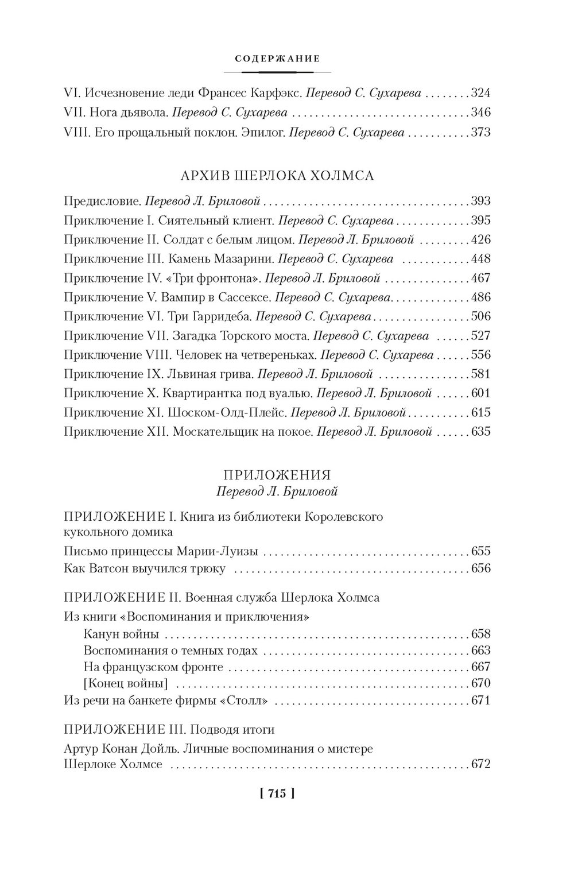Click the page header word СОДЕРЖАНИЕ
277,59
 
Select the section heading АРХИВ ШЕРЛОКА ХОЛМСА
277,176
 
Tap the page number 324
480,92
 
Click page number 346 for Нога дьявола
480,113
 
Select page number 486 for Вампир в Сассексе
480,297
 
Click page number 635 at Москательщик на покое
480,432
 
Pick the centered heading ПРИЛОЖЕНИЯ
277,475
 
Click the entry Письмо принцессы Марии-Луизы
161,552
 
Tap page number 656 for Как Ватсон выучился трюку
480,568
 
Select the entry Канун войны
121,634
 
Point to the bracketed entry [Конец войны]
126,683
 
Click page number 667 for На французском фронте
480,667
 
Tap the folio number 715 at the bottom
277,794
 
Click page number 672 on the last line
480,765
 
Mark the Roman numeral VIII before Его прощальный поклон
75,133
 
